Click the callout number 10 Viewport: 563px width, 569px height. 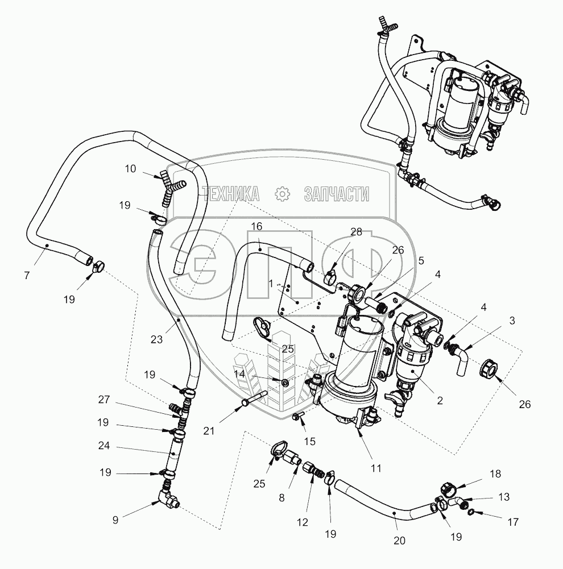131,168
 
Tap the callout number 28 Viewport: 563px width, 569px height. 356,232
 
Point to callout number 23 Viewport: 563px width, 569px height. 156,339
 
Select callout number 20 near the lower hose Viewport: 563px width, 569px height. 399,541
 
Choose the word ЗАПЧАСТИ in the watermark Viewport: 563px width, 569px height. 337,194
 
